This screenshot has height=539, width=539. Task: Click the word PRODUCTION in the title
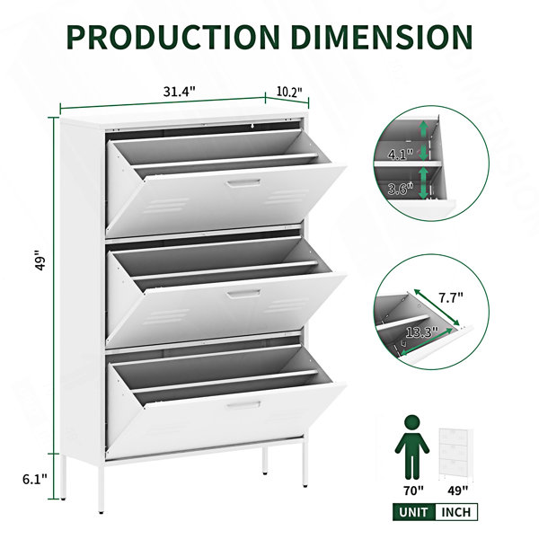click(173, 37)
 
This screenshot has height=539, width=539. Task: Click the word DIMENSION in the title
click(382, 37)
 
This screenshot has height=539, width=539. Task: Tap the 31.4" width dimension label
click(179, 92)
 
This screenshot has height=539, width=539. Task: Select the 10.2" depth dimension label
click(289, 92)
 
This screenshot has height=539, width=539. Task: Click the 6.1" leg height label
click(35, 479)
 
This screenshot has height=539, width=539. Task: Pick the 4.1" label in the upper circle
click(401, 155)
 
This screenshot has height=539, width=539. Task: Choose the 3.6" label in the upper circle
click(400, 189)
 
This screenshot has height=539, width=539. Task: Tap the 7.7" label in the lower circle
click(450, 296)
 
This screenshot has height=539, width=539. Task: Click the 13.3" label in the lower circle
click(422, 331)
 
